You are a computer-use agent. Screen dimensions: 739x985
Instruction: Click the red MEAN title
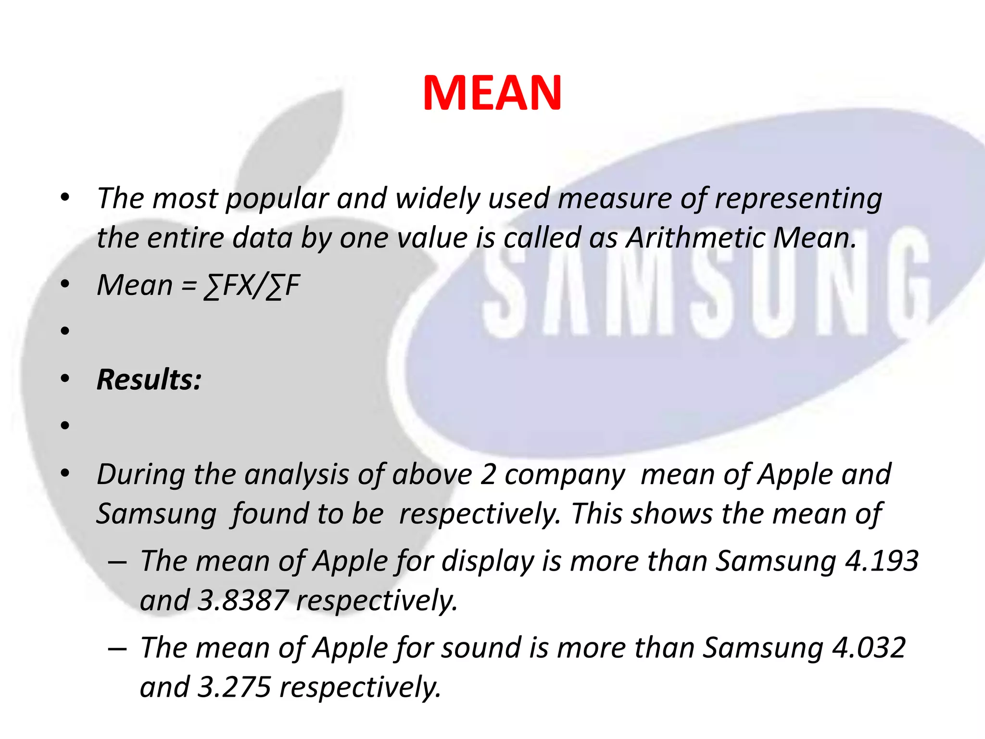(x=492, y=93)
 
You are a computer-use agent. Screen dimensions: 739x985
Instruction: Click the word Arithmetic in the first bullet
(x=695, y=238)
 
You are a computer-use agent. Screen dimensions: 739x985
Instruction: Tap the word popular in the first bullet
(x=277, y=199)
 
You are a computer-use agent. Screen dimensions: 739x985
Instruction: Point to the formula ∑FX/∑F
(x=252, y=285)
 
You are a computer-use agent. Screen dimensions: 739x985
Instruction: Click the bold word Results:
(x=149, y=380)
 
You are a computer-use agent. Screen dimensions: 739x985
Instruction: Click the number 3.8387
(x=243, y=600)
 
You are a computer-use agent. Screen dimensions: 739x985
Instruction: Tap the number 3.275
(x=234, y=687)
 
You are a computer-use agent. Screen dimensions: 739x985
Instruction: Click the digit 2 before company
(x=488, y=475)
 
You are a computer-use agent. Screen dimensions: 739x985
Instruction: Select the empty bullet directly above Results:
(x=65, y=331)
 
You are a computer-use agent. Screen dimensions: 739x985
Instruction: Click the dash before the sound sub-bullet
(x=117, y=649)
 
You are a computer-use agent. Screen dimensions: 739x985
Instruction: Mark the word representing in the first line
(x=798, y=199)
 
